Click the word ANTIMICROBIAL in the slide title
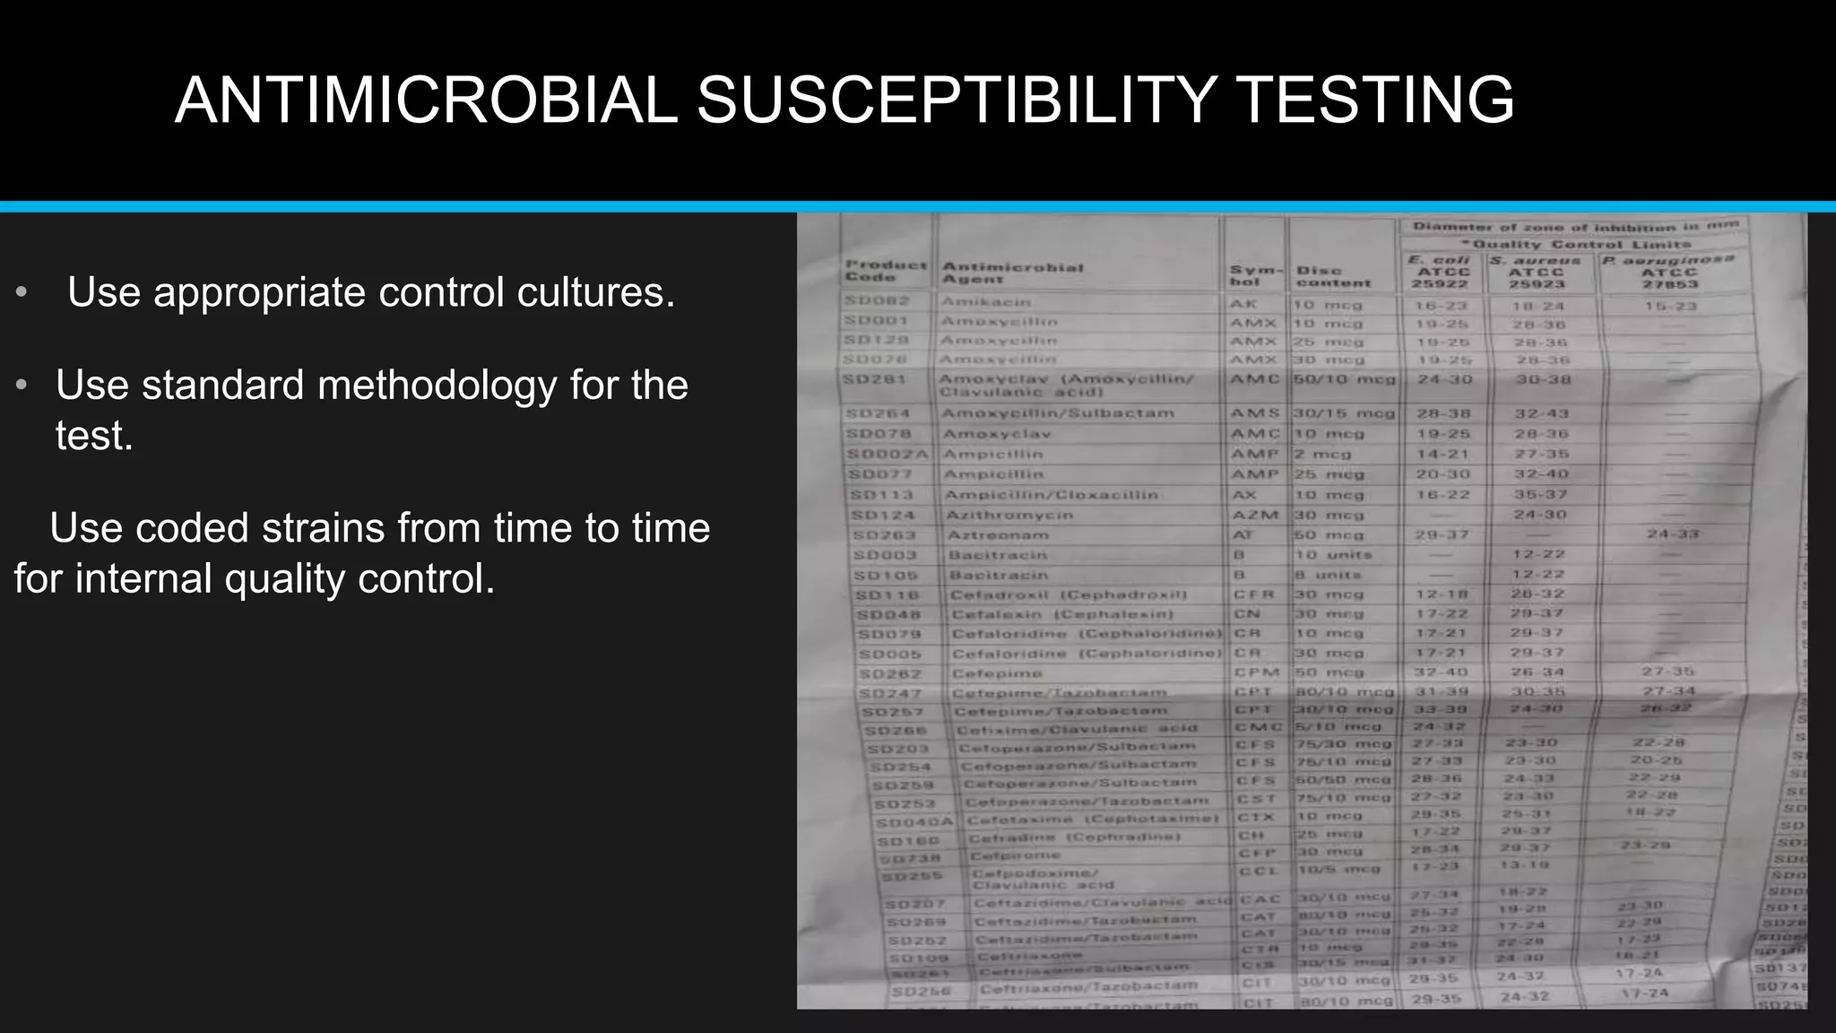pyautogui.click(x=427, y=100)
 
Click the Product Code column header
pyautogui.click(x=885, y=271)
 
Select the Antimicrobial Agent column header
pyautogui.click(x=1012, y=273)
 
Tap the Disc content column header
pyautogui.click(x=1333, y=276)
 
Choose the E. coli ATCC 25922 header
pyautogui.click(x=1441, y=272)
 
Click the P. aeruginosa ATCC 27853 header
pyautogui.click(x=1669, y=272)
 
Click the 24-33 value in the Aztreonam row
pyautogui.click(x=1672, y=534)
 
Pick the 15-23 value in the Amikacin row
pyautogui.click(x=1671, y=307)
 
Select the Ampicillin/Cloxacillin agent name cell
pyautogui.click(x=1051, y=495)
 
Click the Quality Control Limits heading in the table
pyautogui.click(x=1575, y=244)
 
